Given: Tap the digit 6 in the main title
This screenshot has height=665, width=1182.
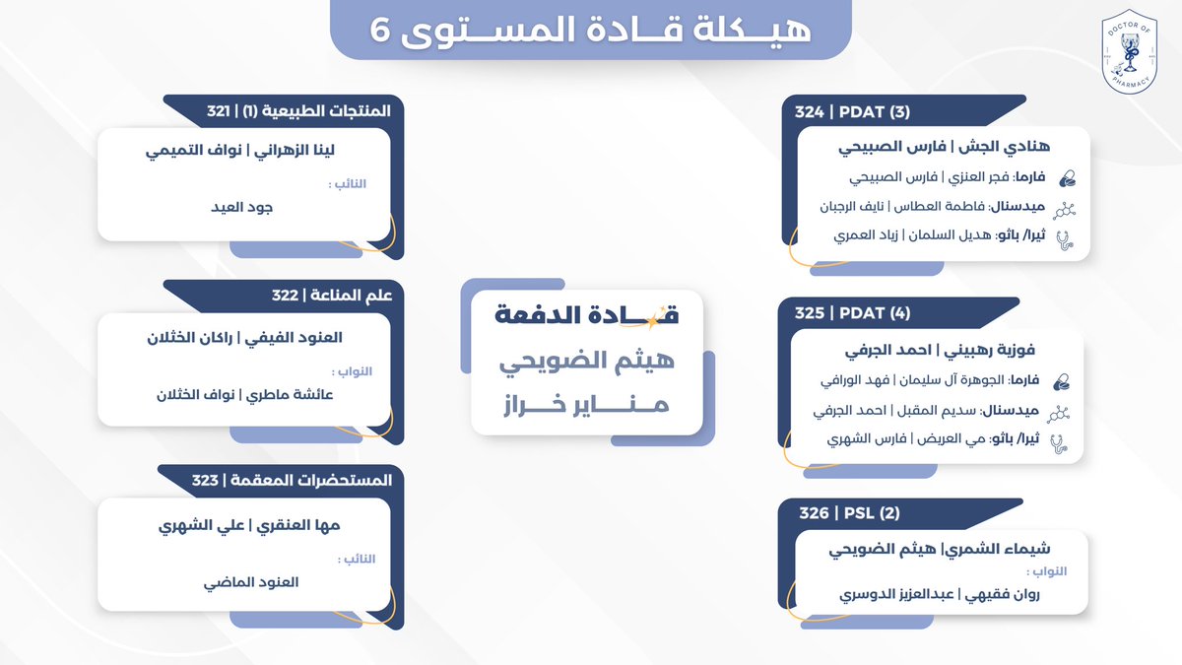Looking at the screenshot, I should click(x=381, y=30).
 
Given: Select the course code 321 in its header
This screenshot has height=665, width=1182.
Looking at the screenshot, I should click(x=219, y=111).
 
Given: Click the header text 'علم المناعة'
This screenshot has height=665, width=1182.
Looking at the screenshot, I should click(x=354, y=296).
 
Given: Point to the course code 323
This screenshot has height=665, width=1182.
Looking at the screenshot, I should click(x=205, y=480).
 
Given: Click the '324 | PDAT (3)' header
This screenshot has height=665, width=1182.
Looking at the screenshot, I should click(x=853, y=112).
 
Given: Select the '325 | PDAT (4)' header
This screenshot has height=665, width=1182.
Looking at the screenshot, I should click(x=853, y=313).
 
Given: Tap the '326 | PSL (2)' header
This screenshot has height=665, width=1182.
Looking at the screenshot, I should click(x=836, y=513).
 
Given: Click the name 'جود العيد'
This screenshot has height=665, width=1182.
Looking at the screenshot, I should click(x=243, y=208).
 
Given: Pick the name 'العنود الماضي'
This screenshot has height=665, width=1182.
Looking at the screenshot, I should click(x=243, y=582).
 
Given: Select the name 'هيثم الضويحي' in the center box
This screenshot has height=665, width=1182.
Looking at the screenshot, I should click(x=586, y=363).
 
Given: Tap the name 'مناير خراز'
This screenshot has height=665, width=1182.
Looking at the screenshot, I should click(x=586, y=404).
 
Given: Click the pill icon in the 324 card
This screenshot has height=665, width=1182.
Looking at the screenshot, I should click(x=1066, y=179).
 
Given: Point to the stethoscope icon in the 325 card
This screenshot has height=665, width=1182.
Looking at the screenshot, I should click(x=1061, y=442).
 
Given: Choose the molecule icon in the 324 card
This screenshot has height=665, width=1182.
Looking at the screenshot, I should click(x=1065, y=209).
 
